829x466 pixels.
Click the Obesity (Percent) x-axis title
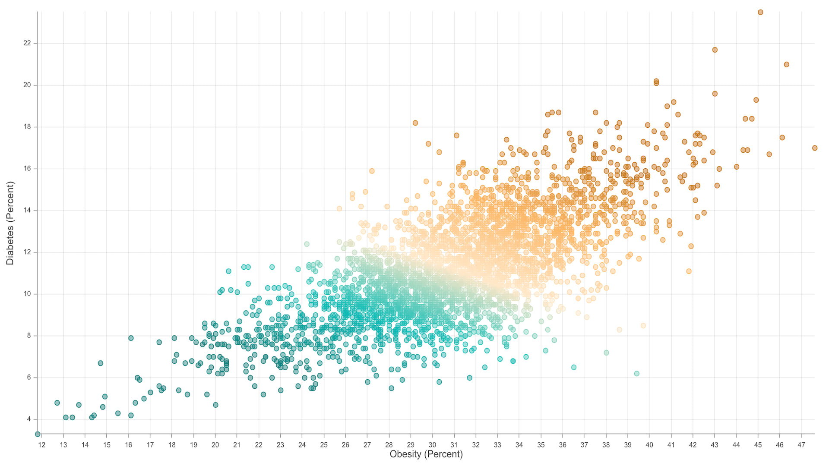coord(426,454)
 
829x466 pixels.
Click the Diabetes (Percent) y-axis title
coord(10,223)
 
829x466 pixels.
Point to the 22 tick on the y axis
coord(27,44)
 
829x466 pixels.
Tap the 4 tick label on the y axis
coord(29,419)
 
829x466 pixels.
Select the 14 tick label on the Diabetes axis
coord(27,211)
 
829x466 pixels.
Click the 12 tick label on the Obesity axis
coord(41,445)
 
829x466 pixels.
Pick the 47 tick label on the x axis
coord(801,445)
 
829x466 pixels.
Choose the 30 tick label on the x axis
coord(432,445)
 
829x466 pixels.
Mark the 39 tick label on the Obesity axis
coord(627,445)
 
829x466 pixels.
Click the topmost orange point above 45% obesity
coord(760,13)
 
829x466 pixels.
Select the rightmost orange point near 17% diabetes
coord(815,148)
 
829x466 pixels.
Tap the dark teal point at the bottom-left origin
coord(38,434)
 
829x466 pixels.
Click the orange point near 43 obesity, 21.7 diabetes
coord(715,50)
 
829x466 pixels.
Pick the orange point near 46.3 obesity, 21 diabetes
coord(787,65)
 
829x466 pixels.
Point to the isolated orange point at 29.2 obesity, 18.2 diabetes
coord(415,123)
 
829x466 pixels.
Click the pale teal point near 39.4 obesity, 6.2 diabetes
coord(637,374)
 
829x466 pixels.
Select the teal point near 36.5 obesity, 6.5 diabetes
coord(574,368)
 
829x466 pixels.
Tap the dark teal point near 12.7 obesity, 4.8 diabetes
coord(57,403)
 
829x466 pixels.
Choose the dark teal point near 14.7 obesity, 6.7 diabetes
coord(101,363)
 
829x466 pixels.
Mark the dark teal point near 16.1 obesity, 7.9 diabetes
coord(131,338)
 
